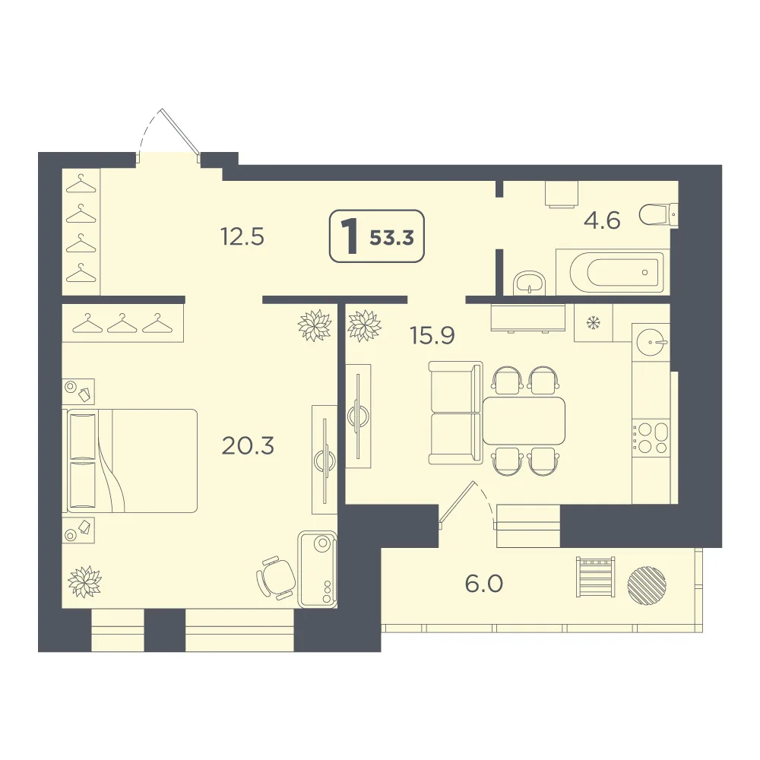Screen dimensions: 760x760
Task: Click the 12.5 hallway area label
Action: (242, 237)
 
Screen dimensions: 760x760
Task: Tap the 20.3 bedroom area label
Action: (248, 445)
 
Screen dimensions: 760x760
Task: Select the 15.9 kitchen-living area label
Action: (432, 335)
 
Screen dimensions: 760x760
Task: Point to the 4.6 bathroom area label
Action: (602, 220)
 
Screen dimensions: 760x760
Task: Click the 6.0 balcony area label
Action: (483, 584)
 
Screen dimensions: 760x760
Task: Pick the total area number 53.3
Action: (391, 238)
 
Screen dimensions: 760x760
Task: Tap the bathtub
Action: (613, 272)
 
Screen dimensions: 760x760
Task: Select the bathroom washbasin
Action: (530, 283)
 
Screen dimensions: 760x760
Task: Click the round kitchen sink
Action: (651, 342)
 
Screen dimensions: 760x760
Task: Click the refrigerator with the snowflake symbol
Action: (594, 323)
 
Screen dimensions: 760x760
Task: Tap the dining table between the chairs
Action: (524, 421)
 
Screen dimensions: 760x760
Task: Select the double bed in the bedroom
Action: (131, 461)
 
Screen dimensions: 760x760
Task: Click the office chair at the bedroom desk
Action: (276, 578)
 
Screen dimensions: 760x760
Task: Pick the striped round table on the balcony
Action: (647, 584)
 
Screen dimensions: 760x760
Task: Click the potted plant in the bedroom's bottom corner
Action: (85, 581)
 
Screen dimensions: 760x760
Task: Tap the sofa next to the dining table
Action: (455, 413)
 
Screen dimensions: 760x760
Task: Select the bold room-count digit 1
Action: (350, 237)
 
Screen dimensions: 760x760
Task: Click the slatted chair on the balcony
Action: (595, 577)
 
